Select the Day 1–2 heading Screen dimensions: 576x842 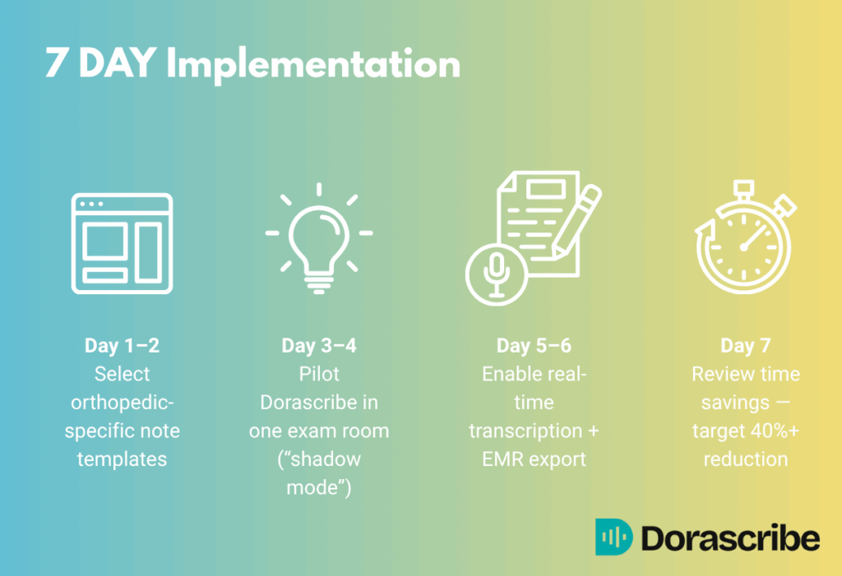122,346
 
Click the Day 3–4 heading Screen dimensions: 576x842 318,346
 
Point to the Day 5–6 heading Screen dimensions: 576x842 533,346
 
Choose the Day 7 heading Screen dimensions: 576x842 745,346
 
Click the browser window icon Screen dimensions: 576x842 122,243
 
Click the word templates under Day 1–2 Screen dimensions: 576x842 122,459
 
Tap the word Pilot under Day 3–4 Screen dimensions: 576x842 318,375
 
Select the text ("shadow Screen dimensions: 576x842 319,459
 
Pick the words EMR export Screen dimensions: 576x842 533,459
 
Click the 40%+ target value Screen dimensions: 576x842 773,431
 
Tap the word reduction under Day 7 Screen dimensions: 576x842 745,459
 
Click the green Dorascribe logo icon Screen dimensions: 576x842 613,537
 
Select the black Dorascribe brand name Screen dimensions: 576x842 730,538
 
